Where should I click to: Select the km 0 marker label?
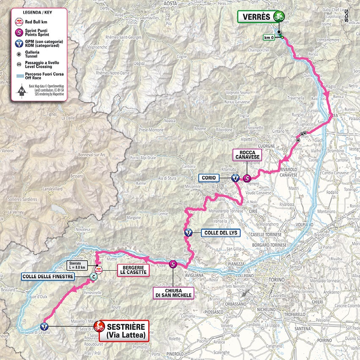270,37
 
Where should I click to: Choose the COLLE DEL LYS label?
216,232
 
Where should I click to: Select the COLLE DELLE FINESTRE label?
48,276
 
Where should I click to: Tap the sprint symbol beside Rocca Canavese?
247,178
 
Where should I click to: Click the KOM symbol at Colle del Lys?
188,232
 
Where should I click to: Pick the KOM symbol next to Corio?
235,178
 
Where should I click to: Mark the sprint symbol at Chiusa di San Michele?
173,265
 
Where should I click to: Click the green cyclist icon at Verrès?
278,16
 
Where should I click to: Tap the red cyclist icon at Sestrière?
99,326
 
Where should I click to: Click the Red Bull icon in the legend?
19,22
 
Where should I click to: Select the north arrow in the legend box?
19,90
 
